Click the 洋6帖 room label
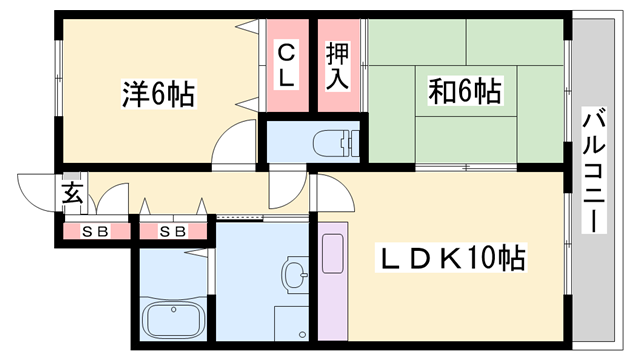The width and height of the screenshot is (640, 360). coord(158,95)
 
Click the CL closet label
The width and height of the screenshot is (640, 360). coord(286,65)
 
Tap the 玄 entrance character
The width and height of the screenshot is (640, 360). coord(73,193)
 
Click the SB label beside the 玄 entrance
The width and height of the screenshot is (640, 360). coord(93,232)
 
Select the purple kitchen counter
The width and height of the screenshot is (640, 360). coord(332,284)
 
